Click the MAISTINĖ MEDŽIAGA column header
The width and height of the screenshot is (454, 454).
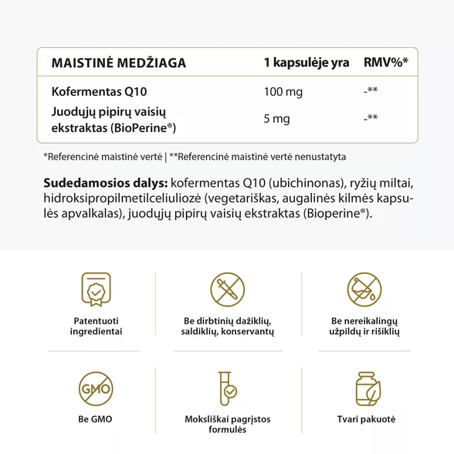pos(118,63)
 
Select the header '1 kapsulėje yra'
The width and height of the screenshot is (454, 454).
pos(306,63)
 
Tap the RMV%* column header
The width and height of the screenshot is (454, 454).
pos(385,63)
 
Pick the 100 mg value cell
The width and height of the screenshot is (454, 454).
pos(283,92)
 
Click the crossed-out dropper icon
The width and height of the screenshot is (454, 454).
pos(228,289)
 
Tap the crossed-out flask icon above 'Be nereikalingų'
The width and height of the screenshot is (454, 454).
pos(364,289)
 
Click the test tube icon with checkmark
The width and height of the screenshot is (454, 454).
pos(228,391)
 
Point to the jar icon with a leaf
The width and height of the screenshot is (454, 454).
pos(364,391)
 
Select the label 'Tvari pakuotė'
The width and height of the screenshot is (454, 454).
pos(364,418)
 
